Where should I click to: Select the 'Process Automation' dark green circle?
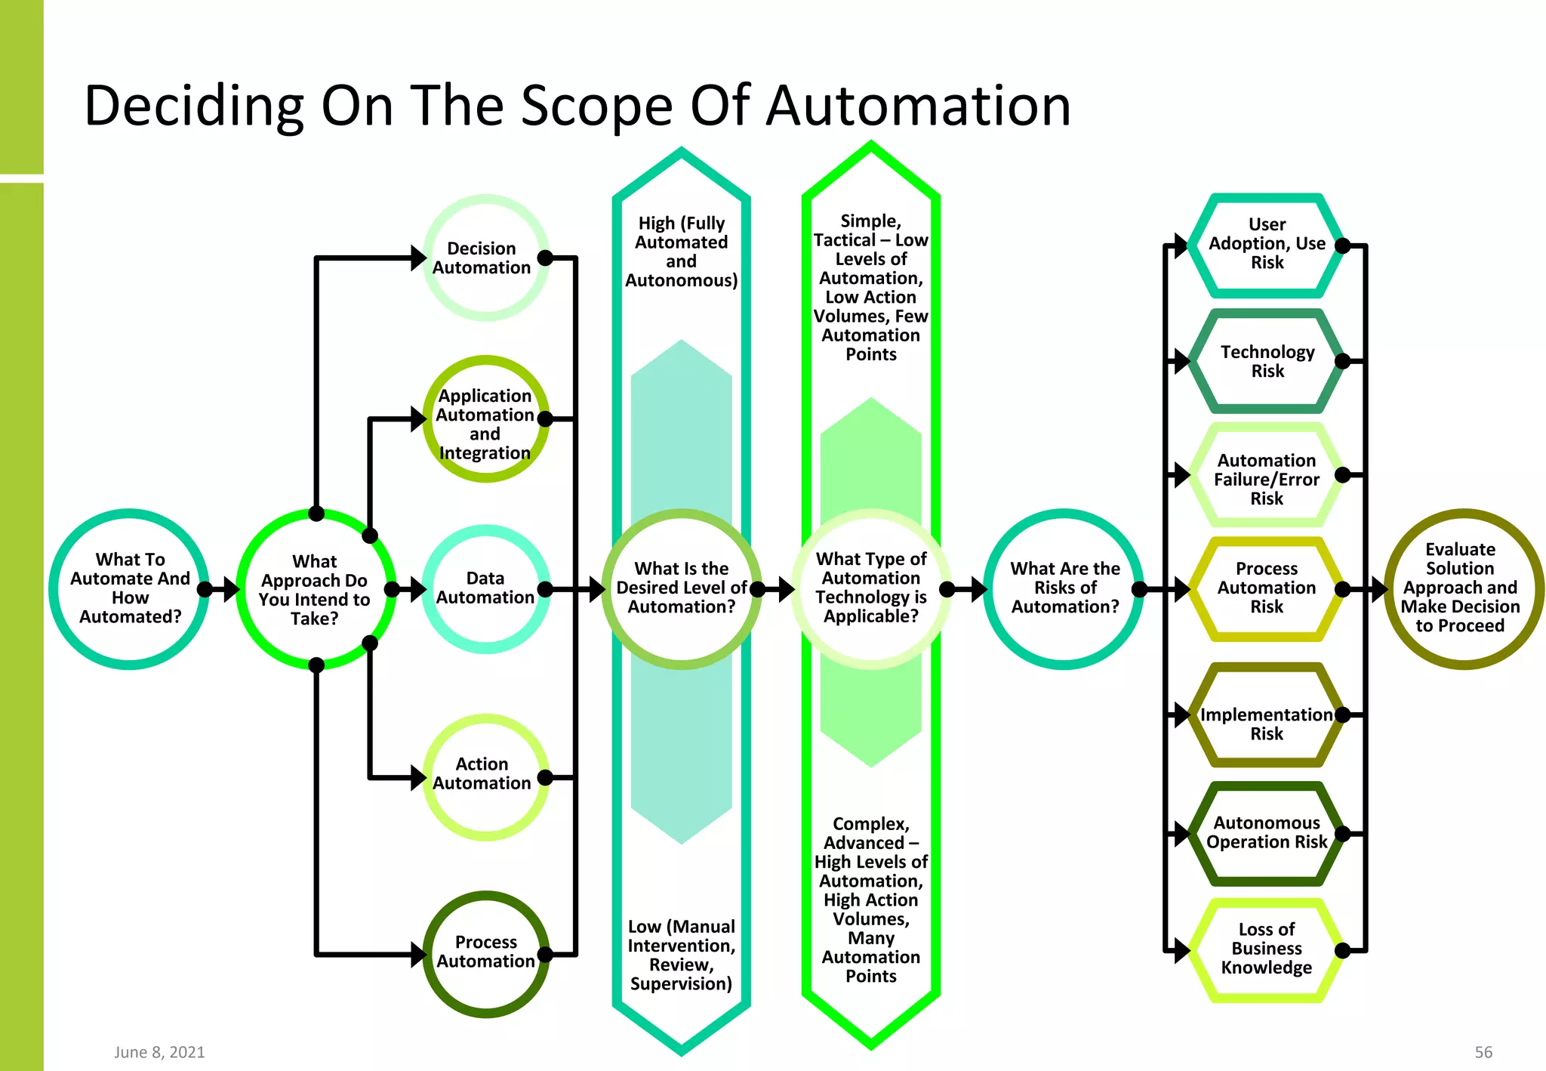pos(485,953)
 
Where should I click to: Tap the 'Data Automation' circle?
pos(485,588)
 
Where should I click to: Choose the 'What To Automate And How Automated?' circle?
pos(130,588)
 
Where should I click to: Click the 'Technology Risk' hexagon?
pos(1267,361)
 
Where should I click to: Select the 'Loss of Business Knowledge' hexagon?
pos(1267,949)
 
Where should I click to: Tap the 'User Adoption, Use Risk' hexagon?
pos(1267,244)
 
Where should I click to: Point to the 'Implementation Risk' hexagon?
pos(1267,724)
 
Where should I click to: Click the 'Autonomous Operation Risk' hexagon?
pos(1267,832)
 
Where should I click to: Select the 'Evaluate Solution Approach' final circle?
pos(1461,588)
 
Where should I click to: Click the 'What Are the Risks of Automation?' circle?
pos(1064,588)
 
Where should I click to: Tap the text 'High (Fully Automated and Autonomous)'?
pos(681,252)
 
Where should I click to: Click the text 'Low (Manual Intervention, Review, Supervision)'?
pos(681,955)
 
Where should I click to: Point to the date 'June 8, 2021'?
pos(159,1052)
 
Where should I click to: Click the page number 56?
pos(1483,1052)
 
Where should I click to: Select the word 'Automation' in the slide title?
pos(918,106)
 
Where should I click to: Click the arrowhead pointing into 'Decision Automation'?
pos(418,258)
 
